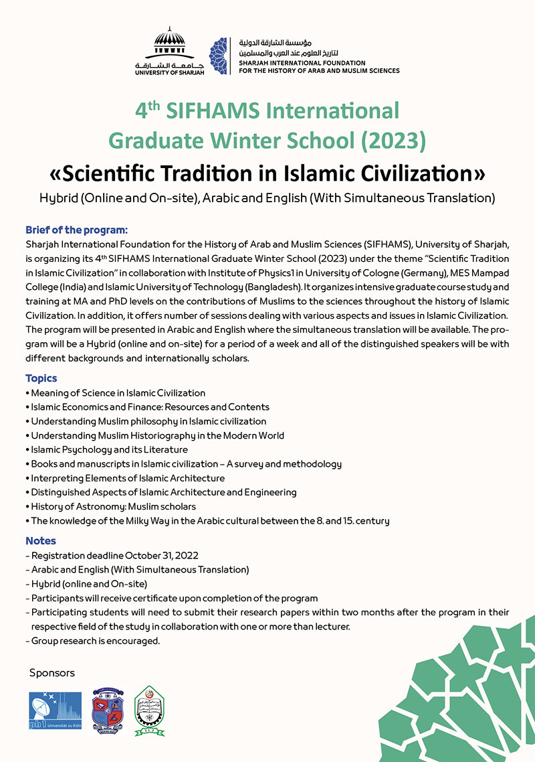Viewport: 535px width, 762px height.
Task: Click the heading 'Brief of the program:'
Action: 76,230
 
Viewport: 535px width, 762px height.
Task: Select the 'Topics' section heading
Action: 41,378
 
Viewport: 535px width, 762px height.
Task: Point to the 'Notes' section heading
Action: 41,540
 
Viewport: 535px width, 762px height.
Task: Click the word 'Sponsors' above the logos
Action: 52,673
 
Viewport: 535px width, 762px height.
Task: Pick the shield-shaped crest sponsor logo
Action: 108,712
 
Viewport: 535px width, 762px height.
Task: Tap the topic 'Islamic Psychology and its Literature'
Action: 109,449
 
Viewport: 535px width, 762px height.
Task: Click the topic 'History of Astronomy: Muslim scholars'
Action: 113,506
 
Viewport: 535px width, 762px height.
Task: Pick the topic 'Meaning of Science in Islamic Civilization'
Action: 118,393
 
